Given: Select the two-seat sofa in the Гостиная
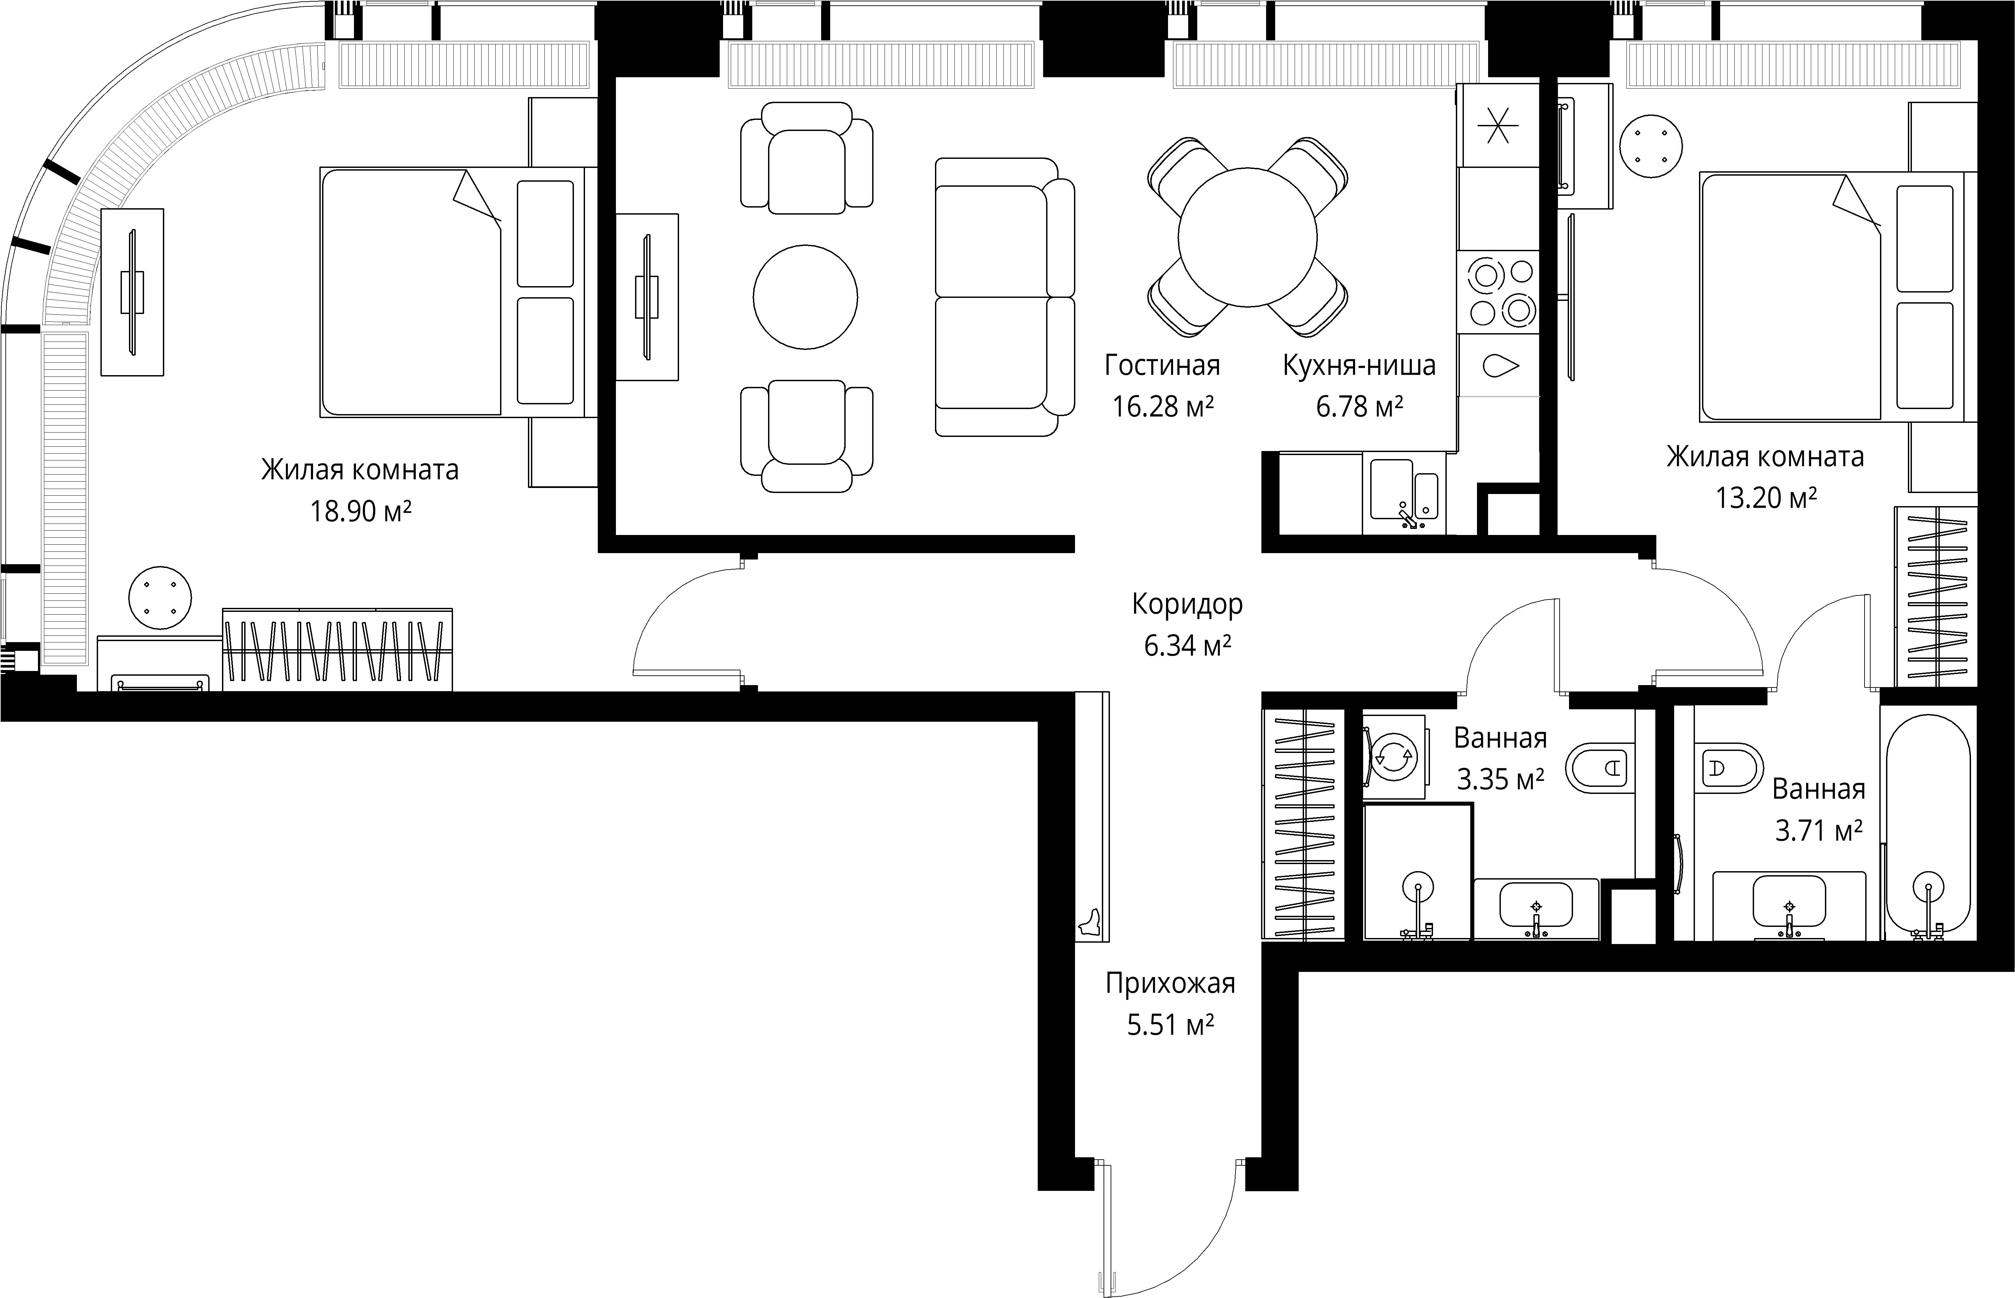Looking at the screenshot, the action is [1004, 297].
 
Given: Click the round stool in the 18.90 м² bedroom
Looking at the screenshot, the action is [160, 597].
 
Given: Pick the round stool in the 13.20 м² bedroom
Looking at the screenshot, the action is [1651, 146].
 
